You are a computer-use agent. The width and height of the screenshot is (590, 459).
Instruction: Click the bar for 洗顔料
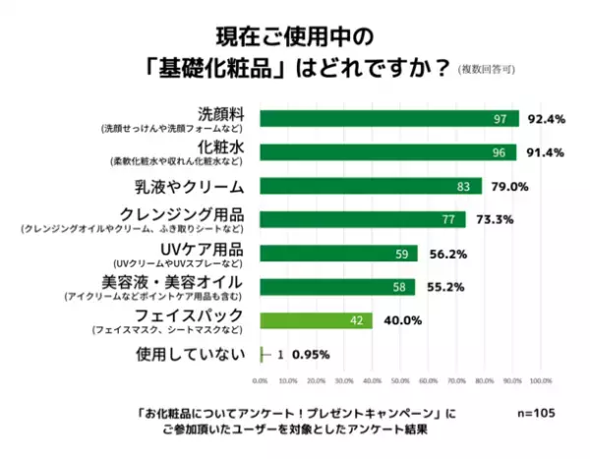(388, 119)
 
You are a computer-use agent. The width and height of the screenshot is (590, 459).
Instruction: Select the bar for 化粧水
(387, 152)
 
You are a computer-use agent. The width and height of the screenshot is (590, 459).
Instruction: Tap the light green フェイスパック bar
(316, 320)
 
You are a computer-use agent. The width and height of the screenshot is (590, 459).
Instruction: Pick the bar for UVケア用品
(338, 254)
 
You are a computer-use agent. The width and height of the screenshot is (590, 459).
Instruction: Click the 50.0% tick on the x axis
(399, 380)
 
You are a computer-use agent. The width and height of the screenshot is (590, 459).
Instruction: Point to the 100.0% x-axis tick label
(539, 380)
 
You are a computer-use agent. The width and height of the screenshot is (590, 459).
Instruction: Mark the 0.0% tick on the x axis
(261, 380)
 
